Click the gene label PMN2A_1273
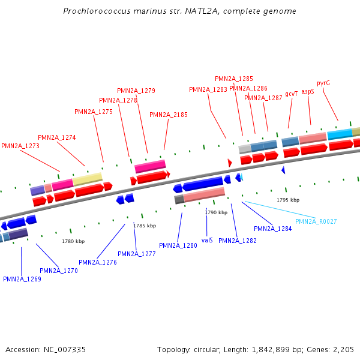click(20, 146)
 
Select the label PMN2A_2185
click(169, 115)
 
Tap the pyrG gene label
click(323, 83)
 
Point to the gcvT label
click(292, 94)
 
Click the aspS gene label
click(308, 91)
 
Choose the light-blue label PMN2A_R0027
click(316, 221)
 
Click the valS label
click(207, 240)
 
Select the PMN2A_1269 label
click(22, 279)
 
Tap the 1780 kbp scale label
click(73, 241)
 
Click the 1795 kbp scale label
click(288, 200)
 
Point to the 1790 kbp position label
click(216, 212)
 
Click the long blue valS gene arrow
click(203, 184)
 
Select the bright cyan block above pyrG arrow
click(340, 134)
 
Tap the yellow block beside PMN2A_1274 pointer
click(88, 179)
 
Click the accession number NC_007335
click(65, 350)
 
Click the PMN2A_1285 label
click(234, 79)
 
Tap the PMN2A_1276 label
click(98, 262)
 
